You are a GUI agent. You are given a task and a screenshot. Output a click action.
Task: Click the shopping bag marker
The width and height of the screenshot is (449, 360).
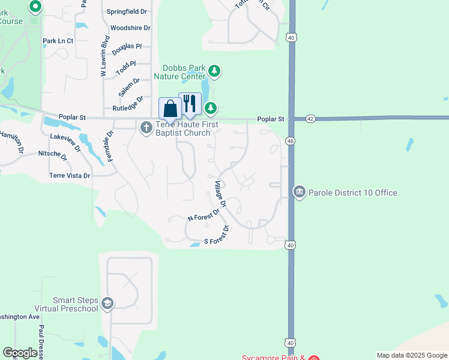tap(170, 109)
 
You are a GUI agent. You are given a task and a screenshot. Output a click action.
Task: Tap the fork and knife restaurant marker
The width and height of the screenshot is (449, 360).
tap(190, 104)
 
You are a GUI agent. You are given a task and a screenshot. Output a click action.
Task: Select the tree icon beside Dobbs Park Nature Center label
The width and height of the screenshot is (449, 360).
tap(214, 72)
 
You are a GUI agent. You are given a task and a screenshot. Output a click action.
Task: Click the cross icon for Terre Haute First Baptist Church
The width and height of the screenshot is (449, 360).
tap(146, 128)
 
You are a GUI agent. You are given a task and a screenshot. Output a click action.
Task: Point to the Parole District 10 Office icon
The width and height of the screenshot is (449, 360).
tap(299, 192)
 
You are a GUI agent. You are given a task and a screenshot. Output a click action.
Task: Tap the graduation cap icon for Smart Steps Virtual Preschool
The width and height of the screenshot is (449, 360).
tap(107, 304)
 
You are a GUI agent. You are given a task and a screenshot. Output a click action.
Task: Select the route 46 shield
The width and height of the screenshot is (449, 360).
tap(291, 140)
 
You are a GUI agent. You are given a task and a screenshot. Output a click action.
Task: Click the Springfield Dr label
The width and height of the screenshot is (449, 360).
tap(127, 11)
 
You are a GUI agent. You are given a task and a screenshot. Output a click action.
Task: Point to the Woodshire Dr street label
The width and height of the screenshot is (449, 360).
tap(130, 28)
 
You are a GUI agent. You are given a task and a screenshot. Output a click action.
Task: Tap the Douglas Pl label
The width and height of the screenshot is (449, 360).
tap(126, 46)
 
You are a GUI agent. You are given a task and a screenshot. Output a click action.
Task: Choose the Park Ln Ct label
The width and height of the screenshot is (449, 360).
tap(58, 41)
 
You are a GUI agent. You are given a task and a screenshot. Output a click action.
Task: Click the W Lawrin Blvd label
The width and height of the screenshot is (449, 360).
tap(104, 56)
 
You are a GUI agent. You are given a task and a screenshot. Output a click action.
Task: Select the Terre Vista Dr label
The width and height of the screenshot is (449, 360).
tap(70, 176)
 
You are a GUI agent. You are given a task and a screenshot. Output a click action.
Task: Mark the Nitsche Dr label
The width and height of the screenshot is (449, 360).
tap(52, 154)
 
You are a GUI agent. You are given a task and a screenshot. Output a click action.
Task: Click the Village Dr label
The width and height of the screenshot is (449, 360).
tap(220, 194)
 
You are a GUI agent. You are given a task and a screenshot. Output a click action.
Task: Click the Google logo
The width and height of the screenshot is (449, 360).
tap(20, 353)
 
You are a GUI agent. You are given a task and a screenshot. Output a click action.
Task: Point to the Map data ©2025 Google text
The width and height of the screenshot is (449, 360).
tap(412, 355)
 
